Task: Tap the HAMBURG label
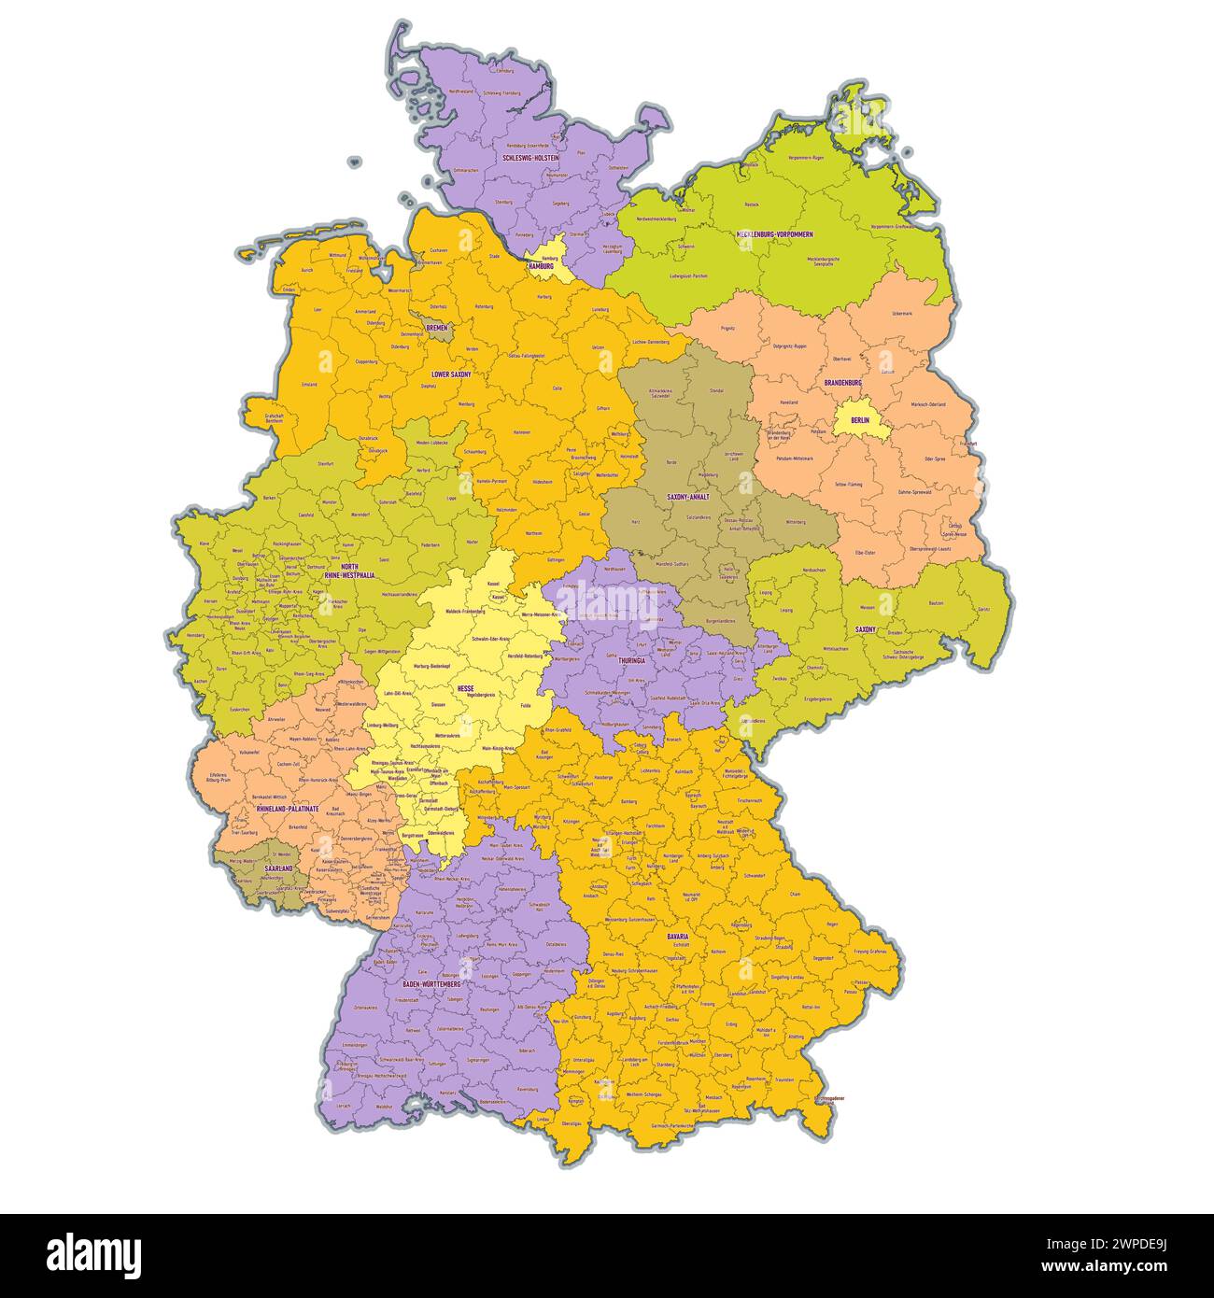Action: coord(541,266)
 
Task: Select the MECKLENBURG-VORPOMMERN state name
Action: coord(774,233)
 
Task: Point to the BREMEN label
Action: coord(436,328)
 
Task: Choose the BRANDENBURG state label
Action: coord(842,383)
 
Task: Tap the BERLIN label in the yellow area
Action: coord(859,420)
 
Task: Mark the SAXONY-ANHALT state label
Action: coord(687,497)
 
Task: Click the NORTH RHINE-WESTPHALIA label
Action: coord(348,571)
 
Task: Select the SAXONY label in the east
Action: coord(865,629)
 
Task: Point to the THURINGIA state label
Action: coord(632,660)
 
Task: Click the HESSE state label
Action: coord(465,688)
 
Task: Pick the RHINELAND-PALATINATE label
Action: coord(287,809)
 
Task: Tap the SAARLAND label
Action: coord(277,868)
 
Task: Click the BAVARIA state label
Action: coord(677,935)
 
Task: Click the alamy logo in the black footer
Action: coord(93,1255)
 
